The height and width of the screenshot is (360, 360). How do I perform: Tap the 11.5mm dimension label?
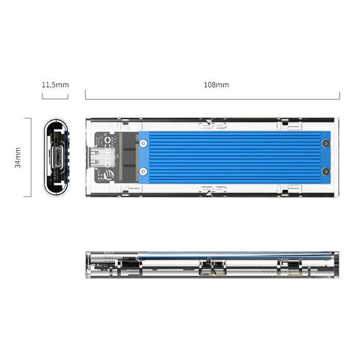pos(55,85)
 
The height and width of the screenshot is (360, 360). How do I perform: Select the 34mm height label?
pos(19,157)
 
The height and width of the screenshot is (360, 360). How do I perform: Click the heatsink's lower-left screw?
pos(143,171)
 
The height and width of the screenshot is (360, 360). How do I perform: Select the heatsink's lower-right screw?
pos(326,171)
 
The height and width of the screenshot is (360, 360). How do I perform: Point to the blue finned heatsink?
pos(234,157)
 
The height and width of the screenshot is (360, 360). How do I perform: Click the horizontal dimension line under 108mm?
pos(212,99)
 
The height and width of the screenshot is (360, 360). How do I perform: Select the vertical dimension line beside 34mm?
pos(31,157)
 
